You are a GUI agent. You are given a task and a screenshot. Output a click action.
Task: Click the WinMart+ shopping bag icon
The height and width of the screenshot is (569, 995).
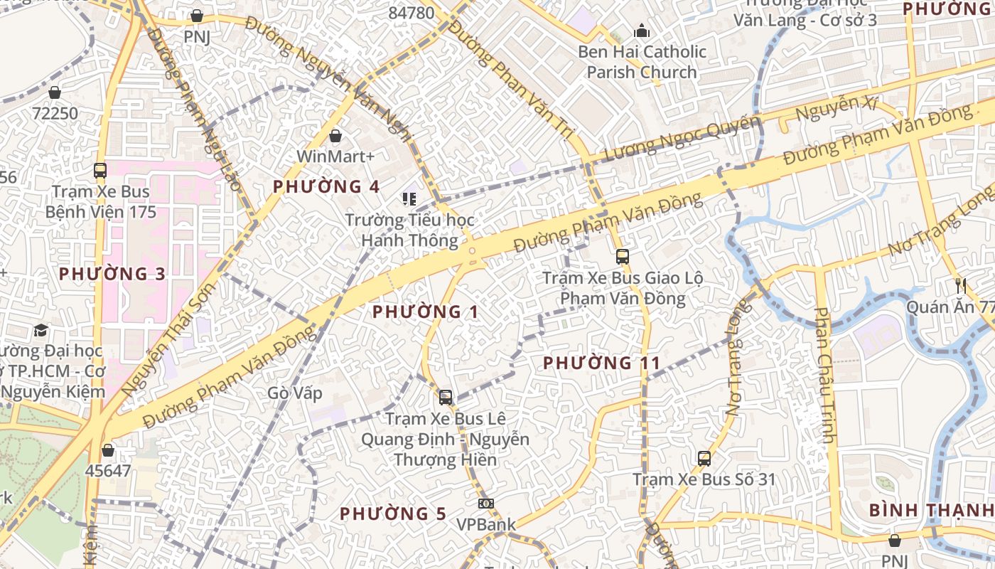pos(335,135)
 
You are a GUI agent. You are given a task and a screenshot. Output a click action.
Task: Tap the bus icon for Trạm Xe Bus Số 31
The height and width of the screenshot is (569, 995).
pos(704,459)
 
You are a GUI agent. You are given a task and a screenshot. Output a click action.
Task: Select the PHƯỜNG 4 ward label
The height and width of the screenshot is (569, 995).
pos(326,186)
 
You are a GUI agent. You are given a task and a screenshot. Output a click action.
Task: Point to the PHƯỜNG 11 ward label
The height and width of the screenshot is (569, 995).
pos(602,363)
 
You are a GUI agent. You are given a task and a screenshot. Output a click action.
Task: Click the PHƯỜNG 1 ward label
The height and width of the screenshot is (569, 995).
pos(425,312)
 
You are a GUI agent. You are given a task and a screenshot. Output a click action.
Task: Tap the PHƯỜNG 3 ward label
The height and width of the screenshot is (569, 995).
pos(112,274)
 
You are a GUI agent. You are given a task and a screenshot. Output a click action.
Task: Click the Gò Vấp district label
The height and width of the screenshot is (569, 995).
pos(295,393)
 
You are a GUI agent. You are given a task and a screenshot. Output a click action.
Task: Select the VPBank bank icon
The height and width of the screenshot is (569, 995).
pos(486,504)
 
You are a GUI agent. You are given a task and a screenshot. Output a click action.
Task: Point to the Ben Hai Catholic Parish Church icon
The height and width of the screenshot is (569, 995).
pos(642,31)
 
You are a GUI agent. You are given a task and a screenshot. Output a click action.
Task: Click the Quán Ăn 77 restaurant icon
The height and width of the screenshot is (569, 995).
pos(961,286)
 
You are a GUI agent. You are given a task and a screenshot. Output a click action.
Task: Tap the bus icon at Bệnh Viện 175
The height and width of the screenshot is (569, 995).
pos(99,171)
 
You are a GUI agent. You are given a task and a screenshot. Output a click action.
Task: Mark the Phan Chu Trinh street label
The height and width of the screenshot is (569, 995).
pos(824,375)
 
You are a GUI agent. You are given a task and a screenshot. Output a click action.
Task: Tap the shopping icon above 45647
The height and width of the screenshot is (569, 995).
pos(108,450)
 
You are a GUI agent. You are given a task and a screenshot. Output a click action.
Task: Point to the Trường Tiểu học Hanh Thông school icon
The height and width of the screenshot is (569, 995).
pos(409,199)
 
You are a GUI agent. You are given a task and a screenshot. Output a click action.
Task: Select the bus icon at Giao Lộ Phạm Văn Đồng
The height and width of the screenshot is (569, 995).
pos(623,257)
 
